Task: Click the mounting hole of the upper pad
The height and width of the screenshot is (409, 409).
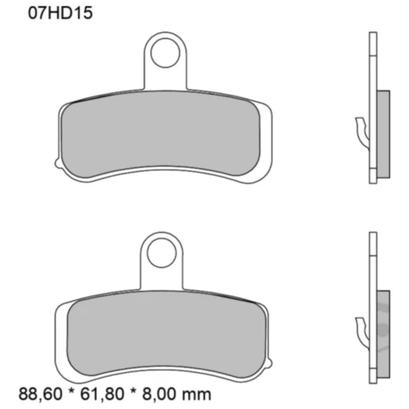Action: [x=166, y=54]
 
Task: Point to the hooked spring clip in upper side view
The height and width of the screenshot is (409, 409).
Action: [x=361, y=129]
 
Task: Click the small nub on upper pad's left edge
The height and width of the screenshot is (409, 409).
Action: [x=56, y=163]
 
